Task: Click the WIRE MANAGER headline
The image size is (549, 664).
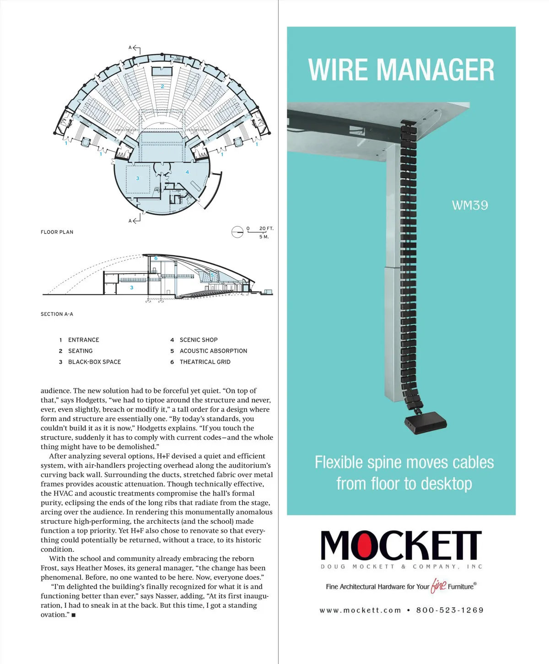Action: [401, 70]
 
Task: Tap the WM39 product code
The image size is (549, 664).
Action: [470, 205]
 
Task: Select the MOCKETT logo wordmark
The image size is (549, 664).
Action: [401, 545]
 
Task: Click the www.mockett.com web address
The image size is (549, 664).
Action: [360, 610]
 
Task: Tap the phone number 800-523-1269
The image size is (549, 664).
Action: [450, 610]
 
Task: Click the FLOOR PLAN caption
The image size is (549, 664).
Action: [57, 232]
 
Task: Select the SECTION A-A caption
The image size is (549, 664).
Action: [57, 314]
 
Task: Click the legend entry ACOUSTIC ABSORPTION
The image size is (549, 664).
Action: [213, 351]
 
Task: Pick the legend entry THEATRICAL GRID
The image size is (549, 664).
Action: [205, 362]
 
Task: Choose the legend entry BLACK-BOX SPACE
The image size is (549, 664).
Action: [94, 362]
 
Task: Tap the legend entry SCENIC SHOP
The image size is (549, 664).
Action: [199, 340]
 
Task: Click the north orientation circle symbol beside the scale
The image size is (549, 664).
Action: [237, 232]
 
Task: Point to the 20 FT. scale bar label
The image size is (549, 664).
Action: [266, 229]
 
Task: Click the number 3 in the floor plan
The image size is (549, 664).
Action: [137, 178]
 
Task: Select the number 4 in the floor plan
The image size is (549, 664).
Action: [187, 172]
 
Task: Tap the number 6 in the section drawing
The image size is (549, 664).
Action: [156, 258]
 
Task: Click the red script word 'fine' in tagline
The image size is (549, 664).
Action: [438, 586]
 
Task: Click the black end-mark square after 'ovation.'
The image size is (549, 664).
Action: [74, 615]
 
